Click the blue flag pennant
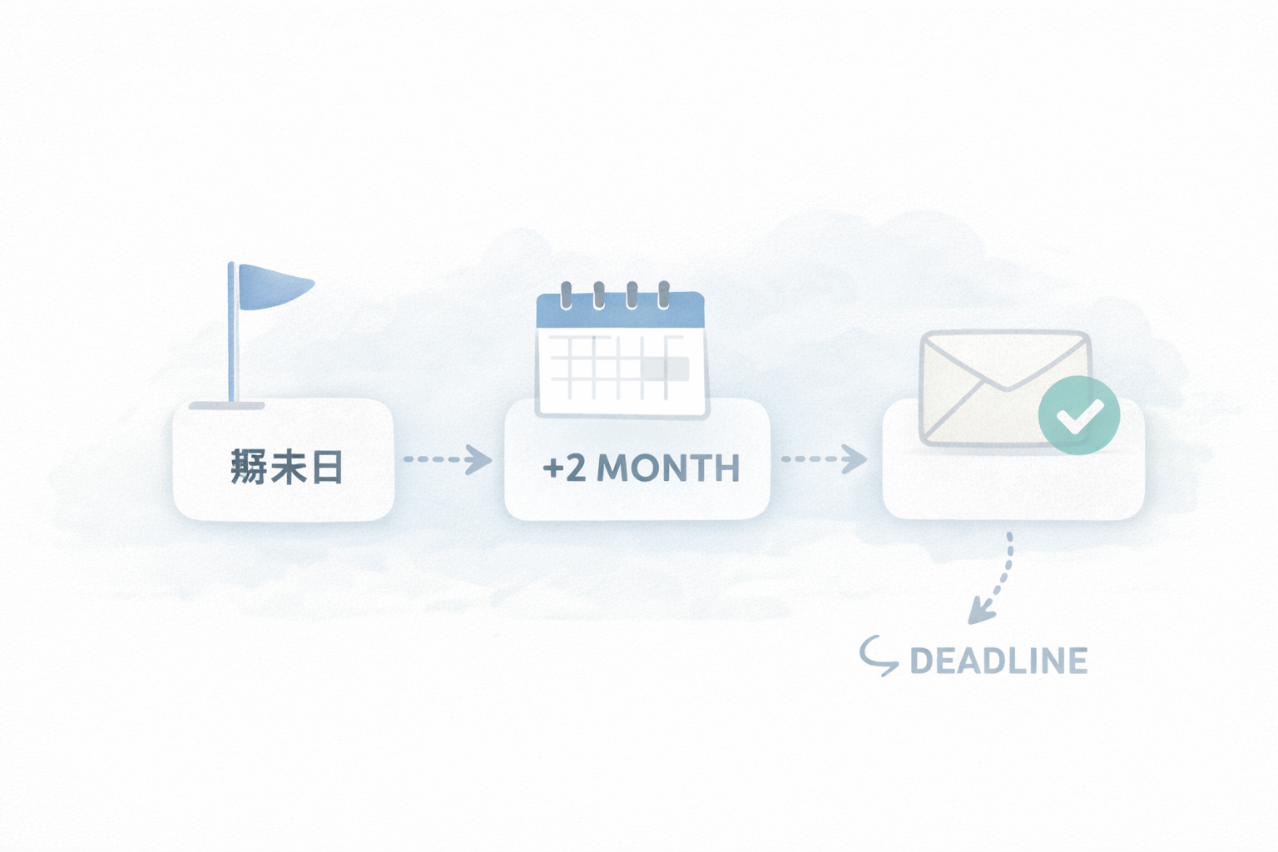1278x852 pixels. coord(272,287)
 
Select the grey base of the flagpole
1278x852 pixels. coord(226,406)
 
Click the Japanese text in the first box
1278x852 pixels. coord(286,467)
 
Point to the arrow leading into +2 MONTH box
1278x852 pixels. coord(449,459)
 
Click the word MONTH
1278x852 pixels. coord(668,468)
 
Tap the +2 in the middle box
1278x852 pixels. coord(564,468)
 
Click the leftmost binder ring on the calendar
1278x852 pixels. coord(567,295)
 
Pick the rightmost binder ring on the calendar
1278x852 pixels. coord(664,295)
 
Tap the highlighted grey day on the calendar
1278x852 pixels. coord(665,369)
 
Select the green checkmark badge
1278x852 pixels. coord(1078,415)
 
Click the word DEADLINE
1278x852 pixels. coord(998,661)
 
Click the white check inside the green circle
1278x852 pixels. coord(1079,416)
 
